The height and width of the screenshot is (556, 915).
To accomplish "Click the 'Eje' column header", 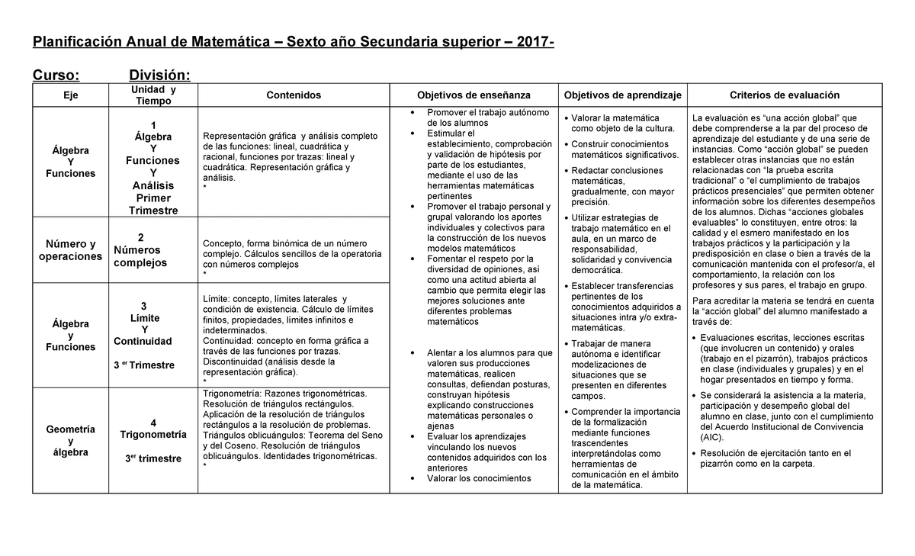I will [70, 95].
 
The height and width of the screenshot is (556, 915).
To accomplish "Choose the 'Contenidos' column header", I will [294, 95].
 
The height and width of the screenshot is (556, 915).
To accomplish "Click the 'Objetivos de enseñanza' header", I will [474, 95].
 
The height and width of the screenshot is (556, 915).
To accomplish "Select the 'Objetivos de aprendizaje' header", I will [623, 95].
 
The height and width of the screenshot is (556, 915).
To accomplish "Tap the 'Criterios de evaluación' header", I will [785, 95].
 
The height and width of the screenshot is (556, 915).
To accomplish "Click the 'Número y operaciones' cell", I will [70, 250].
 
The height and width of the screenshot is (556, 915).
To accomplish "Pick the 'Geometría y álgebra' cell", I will [70, 441].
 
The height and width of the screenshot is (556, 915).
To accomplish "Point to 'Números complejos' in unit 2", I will [140, 256].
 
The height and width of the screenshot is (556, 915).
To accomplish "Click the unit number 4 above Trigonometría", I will [153, 423].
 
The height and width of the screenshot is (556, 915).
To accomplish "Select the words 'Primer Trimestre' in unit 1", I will [153, 204].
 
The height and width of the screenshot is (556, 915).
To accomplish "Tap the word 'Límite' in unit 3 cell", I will [145, 317].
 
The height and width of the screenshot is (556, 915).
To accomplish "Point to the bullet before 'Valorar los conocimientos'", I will [413, 479].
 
